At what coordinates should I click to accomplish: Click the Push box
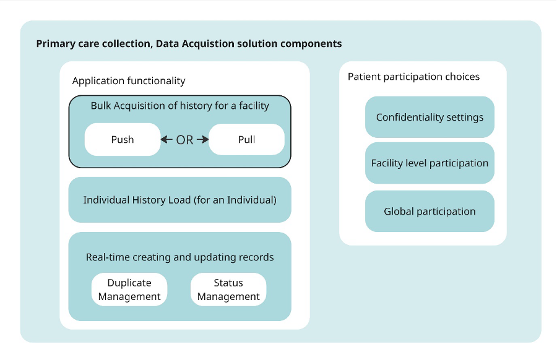[x=123, y=140]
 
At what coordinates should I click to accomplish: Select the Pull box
[x=246, y=140]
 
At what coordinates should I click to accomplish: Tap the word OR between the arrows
[x=184, y=140]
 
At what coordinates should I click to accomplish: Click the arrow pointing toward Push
[x=166, y=140]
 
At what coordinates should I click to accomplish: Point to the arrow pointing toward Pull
[x=203, y=140]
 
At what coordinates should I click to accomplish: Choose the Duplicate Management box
[x=129, y=289]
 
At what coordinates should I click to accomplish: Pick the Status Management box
[x=228, y=289]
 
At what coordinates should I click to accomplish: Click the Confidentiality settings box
[x=430, y=117]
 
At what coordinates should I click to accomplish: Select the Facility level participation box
[x=430, y=163]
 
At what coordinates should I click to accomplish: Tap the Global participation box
[x=430, y=211]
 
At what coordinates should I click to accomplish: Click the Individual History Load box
[x=179, y=200]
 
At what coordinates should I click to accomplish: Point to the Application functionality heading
[x=129, y=81]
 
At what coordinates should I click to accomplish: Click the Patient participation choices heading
[x=413, y=77]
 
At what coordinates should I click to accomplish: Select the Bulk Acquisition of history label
[x=179, y=106]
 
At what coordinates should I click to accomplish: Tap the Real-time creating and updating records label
[x=179, y=257]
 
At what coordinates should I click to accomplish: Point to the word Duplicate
[x=129, y=283]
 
